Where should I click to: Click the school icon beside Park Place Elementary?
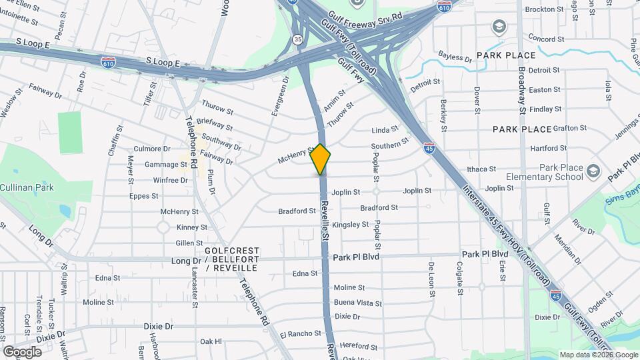(593, 173)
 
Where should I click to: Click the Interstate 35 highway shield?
(296, 39)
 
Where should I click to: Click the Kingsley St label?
(350, 225)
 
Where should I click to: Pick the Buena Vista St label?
(358, 303)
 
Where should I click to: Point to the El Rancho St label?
(301, 334)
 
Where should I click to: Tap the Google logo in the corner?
(23, 351)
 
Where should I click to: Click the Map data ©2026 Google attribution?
(597, 355)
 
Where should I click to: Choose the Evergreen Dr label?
(280, 97)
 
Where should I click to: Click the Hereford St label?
(358, 347)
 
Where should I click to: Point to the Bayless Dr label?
(455, 57)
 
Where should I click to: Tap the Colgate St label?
(459, 277)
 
